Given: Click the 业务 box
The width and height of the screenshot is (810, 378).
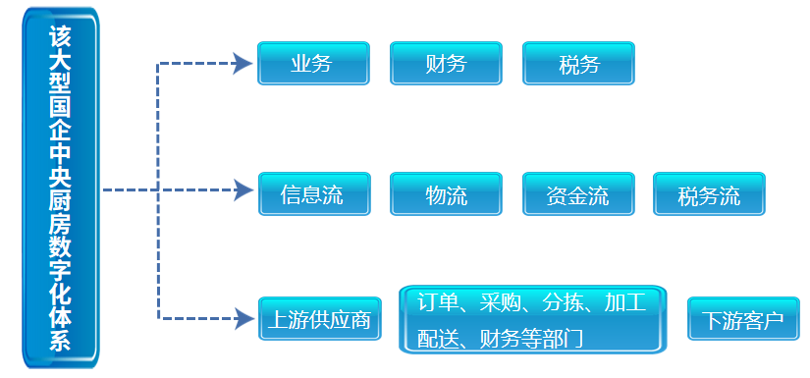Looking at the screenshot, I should (312, 64).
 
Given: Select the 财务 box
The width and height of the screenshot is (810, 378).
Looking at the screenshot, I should (446, 64).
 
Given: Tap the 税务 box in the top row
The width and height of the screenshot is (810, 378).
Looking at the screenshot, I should (578, 64).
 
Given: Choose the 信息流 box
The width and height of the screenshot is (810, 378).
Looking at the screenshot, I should (313, 193).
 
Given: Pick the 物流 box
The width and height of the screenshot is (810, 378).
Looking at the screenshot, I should (446, 193).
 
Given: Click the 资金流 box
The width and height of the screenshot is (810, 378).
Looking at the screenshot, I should (578, 193).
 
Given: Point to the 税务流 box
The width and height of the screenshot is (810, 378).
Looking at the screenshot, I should (709, 193).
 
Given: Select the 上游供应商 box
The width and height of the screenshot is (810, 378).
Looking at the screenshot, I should (319, 319).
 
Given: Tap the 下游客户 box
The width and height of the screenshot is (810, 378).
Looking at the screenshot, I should (742, 319).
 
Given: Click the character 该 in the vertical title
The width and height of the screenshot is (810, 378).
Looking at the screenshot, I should (60, 37).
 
